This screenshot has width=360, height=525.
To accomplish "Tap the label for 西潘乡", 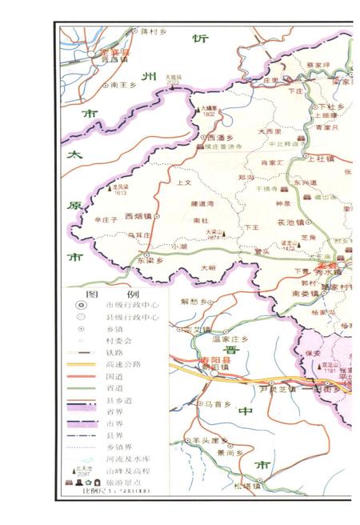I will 216,137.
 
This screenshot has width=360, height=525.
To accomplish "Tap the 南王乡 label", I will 126,83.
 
